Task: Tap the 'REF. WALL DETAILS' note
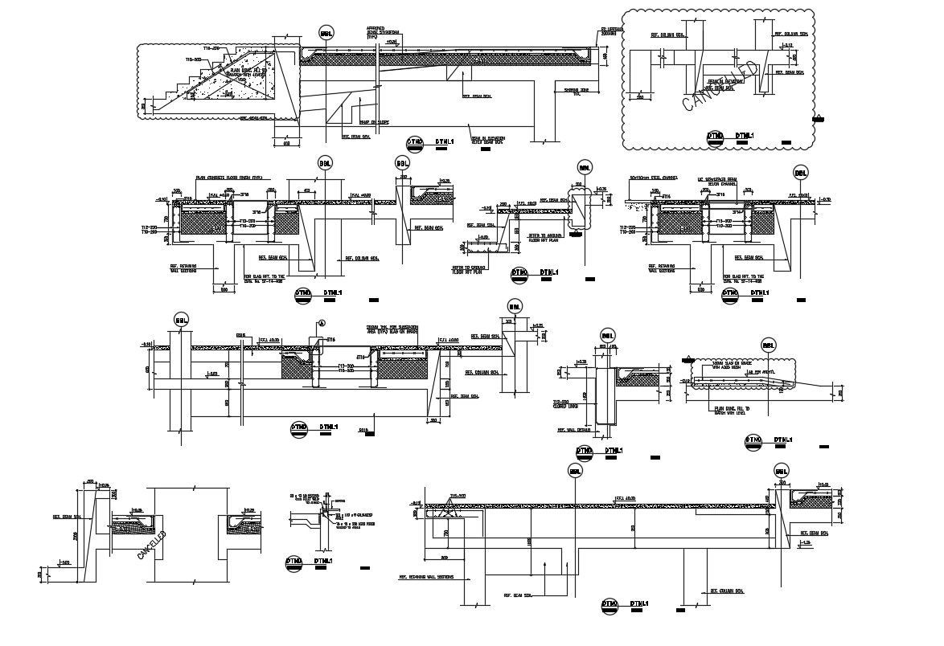coord(574,431)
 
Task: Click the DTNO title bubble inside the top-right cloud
coord(716,137)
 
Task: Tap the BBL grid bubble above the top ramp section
coord(326,33)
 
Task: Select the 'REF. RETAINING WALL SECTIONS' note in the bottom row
coord(426,577)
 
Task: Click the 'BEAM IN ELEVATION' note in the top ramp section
coord(487,140)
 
